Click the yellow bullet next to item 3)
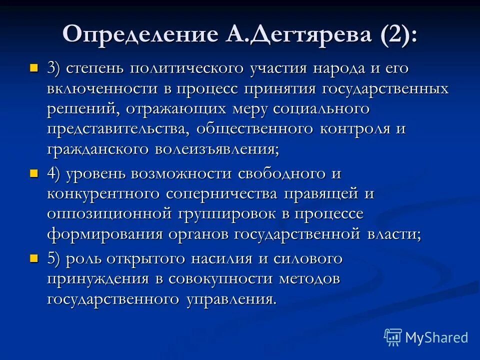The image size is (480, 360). pyautogui.click(x=34, y=67)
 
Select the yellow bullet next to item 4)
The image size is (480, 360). pyautogui.click(x=34, y=173)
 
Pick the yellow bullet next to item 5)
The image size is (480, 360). pyautogui.click(x=34, y=258)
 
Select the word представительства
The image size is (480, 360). pyautogui.click(x=118, y=129)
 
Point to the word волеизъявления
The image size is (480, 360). pyautogui.click(x=215, y=149)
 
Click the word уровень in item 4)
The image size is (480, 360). pyautogui.click(x=95, y=173)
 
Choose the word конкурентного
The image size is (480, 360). pyautogui.click(x=104, y=193)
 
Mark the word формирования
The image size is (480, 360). pyautogui.click(x=99, y=234)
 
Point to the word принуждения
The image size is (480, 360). pyautogui.click(x=98, y=279)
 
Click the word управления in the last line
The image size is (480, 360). pyautogui.click(x=231, y=299)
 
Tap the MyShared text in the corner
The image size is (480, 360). pyautogui.click(x=436, y=337)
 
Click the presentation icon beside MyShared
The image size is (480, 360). pyautogui.click(x=393, y=337)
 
